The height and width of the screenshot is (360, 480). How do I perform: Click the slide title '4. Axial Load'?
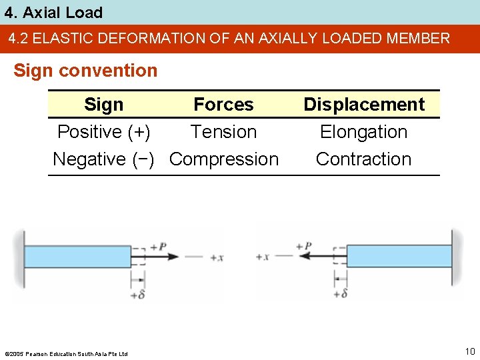(x=53, y=13)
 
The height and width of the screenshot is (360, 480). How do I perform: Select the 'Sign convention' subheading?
(x=85, y=71)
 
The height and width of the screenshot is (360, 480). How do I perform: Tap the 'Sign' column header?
(x=103, y=105)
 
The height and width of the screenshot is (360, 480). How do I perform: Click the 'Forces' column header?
(x=223, y=105)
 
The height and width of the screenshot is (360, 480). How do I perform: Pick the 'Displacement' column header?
(x=363, y=105)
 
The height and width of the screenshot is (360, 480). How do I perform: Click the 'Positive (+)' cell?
(x=103, y=132)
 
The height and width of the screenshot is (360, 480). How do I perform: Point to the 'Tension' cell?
(x=223, y=132)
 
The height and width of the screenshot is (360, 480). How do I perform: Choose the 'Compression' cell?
(x=224, y=159)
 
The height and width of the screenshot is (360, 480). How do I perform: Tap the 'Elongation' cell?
(x=363, y=132)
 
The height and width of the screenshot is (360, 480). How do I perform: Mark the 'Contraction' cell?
(x=363, y=159)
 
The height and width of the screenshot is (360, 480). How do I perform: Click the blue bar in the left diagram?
(x=77, y=257)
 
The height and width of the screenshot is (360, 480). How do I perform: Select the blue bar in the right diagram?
(x=399, y=257)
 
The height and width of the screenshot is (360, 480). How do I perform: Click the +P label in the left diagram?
(x=158, y=247)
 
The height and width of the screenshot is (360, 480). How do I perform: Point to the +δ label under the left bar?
(x=138, y=294)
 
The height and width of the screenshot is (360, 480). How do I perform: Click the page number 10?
(x=469, y=351)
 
